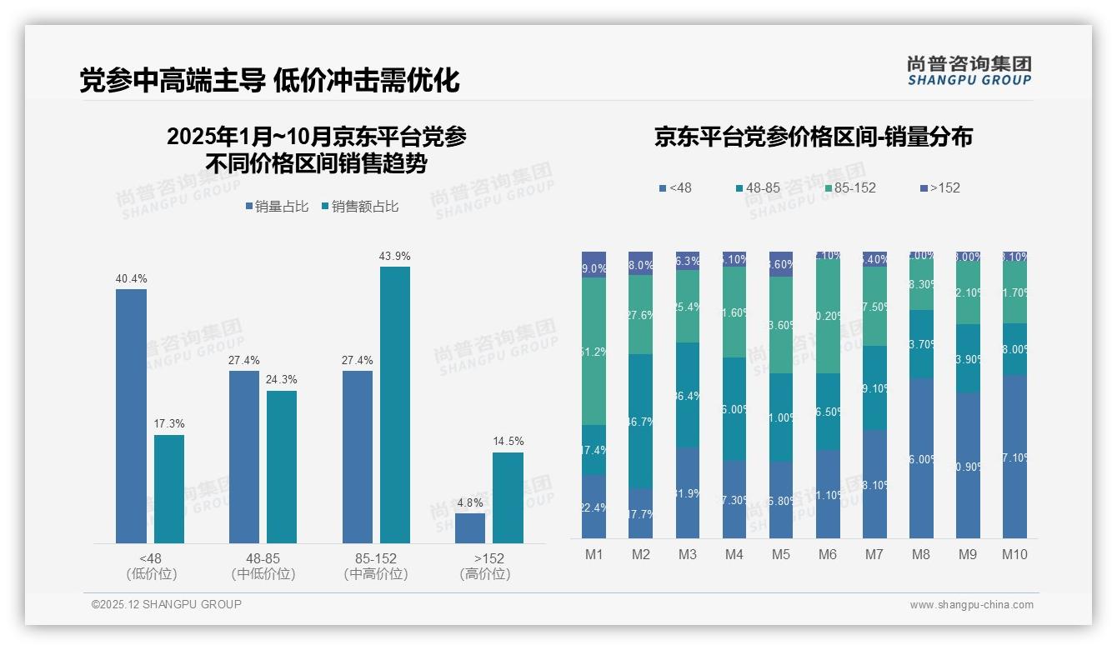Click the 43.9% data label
click(394, 256)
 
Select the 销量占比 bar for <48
click(131, 416)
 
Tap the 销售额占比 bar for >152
click(508, 497)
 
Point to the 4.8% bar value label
click(470, 502)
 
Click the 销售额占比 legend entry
click(359, 207)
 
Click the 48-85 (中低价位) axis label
click(263, 566)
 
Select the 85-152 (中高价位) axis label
click(376, 566)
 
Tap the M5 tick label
click(780, 554)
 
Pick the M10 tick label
click(1014, 554)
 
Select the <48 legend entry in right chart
click(674, 188)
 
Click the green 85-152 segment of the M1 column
click(594, 351)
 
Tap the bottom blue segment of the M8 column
click(921, 457)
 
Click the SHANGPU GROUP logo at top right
click(969, 71)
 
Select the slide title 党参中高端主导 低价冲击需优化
click(269, 81)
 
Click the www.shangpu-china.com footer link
click(971, 605)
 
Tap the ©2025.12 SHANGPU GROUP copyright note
click(167, 605)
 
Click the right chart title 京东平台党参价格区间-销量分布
click(813, 137)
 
